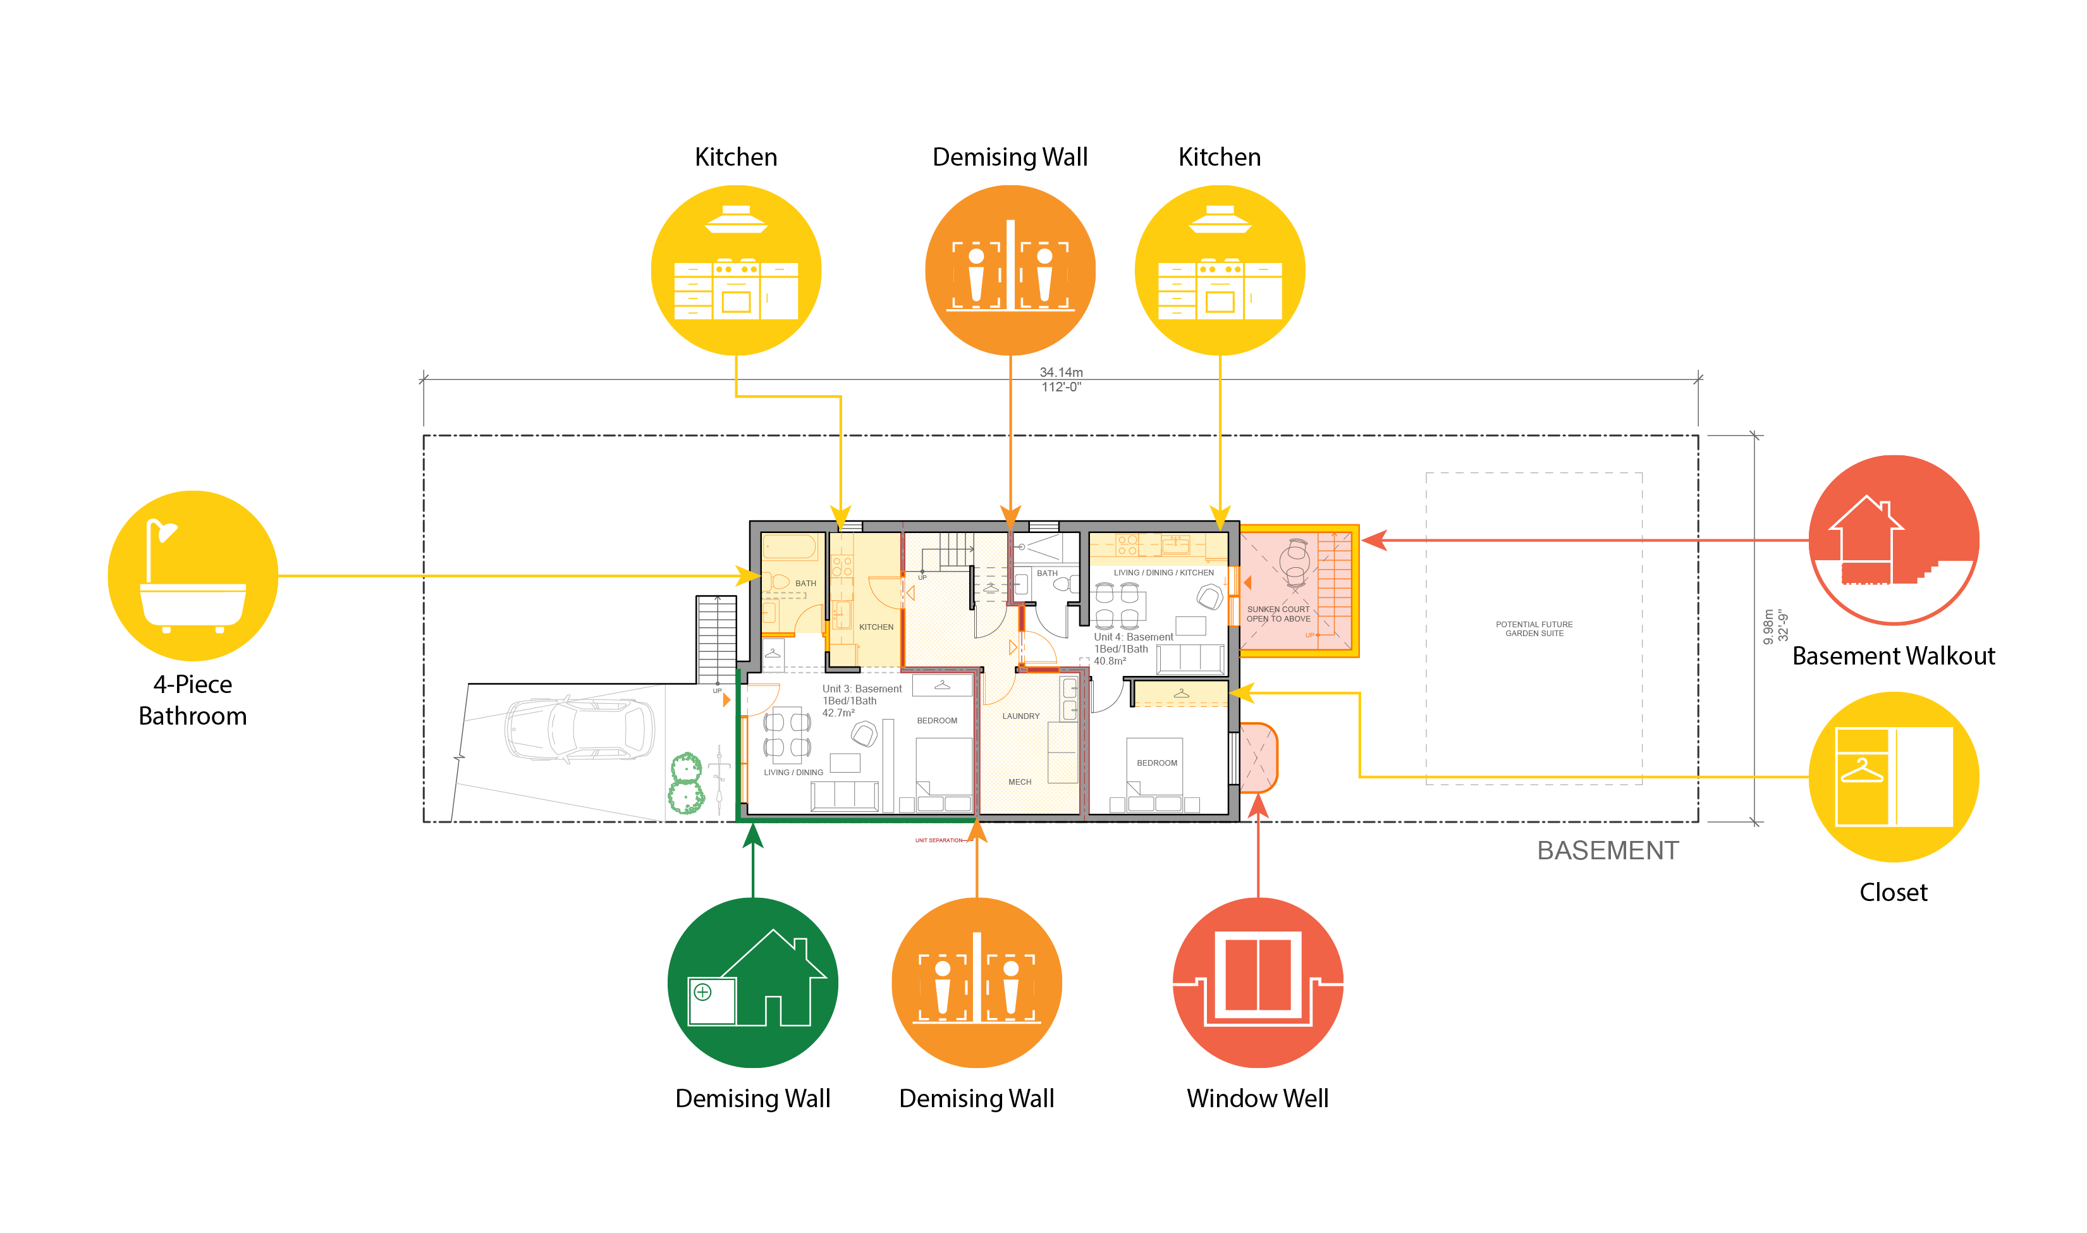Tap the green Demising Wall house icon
tap(753, 982)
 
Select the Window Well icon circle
tap(1258, 982)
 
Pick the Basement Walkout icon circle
tap(1894, 540)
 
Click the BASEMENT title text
tap(1608, 851)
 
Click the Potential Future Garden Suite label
tap(1534, 629)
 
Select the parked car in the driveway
tap(579, 728)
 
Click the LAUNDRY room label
tap(1020, 716)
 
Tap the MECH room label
tap(1019, 782)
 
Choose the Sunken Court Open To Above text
tap(1278, 614)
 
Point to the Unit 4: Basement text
tap(1133, 637)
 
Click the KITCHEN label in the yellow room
tap(876, 627)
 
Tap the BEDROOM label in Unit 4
tap(1156, 763)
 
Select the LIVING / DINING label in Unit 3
tap(793, 773)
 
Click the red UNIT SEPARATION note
tap(939, 841)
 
